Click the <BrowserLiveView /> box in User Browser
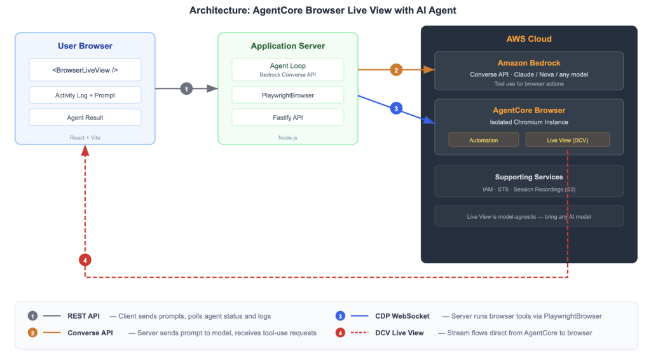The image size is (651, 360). tap(85, 70)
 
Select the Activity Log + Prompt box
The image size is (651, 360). tap(85, 95)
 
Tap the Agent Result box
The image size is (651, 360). tap(85, 118)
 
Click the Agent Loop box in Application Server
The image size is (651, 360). tap(287, 69)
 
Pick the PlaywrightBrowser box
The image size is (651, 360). tap(287, 95)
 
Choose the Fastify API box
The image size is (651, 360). tap(287, 118)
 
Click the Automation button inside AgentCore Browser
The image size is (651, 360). tap(483, 140)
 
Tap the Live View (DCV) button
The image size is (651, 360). tap(567, 140)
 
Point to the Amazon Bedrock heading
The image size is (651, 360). tap(529, 63)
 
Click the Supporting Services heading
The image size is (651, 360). tap(529, 177)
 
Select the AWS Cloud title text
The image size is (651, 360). tap(529, 39)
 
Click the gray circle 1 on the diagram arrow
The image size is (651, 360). tap(186, 89)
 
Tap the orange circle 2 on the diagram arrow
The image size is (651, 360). tap(396, 70)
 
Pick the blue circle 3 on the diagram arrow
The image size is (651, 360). tap(396, 109)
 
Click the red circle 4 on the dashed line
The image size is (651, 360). tap(85, 260)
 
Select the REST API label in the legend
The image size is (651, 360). tap(84, 316)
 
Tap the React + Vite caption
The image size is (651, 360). tap(85, 137)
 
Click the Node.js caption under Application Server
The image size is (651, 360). tap(287, 137)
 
